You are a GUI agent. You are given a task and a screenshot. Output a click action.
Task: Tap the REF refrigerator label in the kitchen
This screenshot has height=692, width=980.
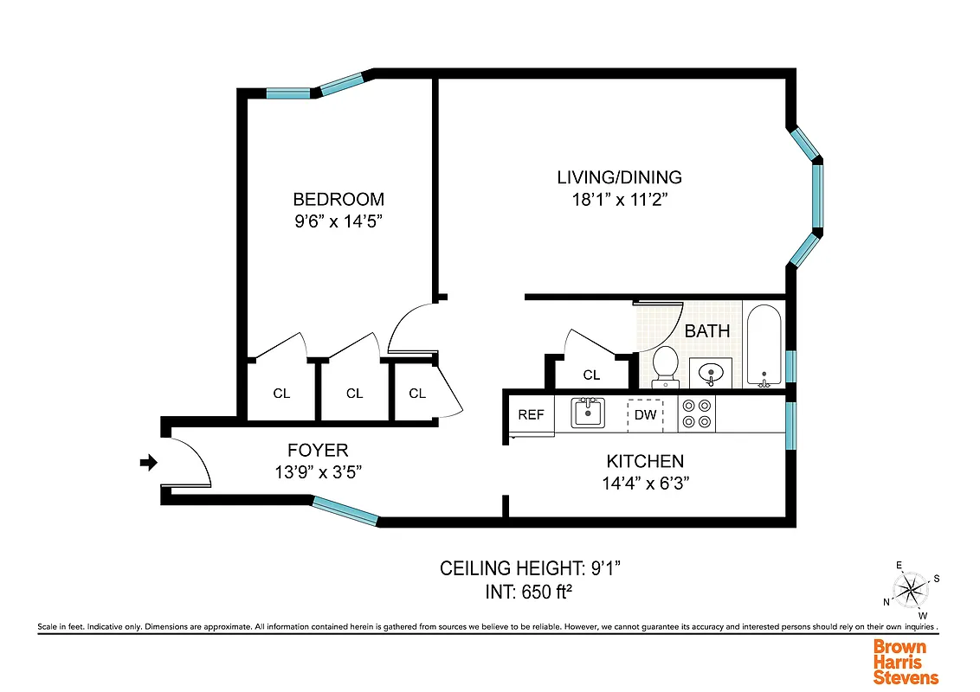(531, 414)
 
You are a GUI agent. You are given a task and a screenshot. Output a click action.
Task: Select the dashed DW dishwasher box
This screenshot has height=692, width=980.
(645, 415)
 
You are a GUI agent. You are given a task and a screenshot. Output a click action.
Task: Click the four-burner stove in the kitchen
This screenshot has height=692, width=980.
(697, 414)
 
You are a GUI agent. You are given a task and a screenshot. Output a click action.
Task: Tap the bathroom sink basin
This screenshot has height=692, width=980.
(711, 373)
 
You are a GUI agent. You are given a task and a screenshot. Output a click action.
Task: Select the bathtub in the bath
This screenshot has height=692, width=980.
(764, 346)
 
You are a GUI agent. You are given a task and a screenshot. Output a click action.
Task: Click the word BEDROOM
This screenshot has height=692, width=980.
(338, 199)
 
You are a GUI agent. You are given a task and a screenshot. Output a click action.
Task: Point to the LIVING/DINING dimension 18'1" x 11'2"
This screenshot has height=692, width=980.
(619, 200)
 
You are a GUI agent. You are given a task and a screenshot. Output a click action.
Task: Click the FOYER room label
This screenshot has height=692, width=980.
(318, 450)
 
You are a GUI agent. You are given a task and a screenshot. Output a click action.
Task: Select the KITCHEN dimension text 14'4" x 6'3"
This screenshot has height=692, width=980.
(645, 484)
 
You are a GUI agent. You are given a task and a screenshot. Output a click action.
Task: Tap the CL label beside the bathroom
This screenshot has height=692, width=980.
(591, 375)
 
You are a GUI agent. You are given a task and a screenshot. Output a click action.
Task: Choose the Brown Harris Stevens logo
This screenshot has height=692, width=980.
(906, 662)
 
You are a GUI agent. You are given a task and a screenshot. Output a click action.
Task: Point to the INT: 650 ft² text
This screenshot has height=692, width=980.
(532, 593)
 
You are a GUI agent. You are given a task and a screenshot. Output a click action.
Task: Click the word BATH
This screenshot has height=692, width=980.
(707, 330)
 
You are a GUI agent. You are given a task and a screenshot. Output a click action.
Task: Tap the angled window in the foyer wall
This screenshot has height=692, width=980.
(345, 510)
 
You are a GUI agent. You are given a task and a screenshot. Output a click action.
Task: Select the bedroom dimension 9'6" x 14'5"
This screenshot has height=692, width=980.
(338, 221)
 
